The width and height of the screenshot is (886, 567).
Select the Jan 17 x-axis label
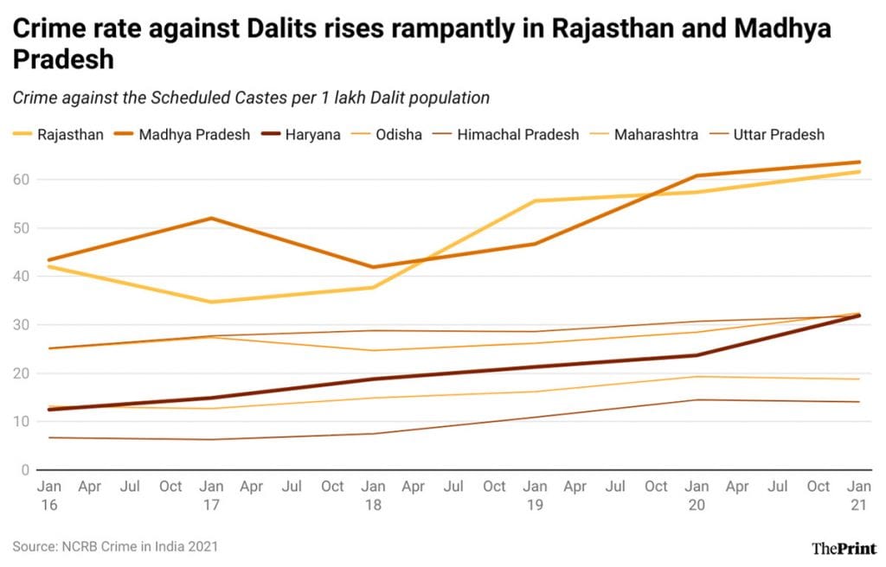[210, 495]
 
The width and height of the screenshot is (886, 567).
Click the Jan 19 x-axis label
[535, 495]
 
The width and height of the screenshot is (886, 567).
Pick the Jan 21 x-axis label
[858, 495]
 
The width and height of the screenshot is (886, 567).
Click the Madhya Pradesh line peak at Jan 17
[210, 218]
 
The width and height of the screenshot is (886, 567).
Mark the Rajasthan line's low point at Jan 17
[210, 302]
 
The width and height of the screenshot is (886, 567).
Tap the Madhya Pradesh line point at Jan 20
[697, 175]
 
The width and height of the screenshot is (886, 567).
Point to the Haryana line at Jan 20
[697, 355]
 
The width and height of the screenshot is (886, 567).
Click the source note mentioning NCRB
[115, 546]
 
